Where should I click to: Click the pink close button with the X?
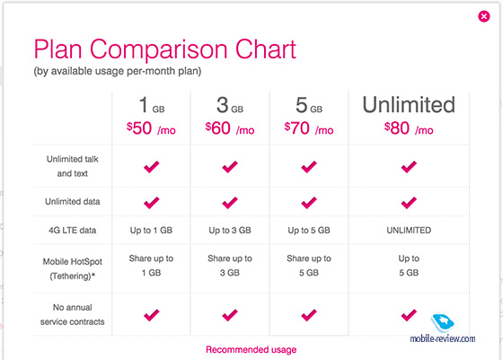point(484,16)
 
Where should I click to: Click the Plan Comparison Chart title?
point(165,49)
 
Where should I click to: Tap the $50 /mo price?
point(151,128)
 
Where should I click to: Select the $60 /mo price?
point(230,128)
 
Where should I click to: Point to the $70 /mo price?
point(309,128)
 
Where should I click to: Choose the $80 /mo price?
point(409,128)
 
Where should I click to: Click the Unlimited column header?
point(409,104)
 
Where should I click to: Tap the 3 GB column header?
point(230,105)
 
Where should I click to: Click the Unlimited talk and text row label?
point(73,166)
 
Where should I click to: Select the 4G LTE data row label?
point(73,230)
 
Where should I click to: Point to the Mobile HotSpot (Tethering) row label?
point(73,268)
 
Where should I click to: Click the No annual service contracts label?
point(73,314)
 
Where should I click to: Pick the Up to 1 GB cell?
point(151,230)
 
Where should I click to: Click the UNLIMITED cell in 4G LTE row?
point(409,230)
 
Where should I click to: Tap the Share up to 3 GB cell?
point(230,266)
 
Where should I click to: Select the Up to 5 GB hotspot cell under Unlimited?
point(409,266)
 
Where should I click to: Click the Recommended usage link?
point(251,349)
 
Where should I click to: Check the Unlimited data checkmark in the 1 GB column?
point(152,203)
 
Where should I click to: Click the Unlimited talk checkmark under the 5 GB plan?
point(309,167)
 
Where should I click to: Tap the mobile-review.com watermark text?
point(443,338)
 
